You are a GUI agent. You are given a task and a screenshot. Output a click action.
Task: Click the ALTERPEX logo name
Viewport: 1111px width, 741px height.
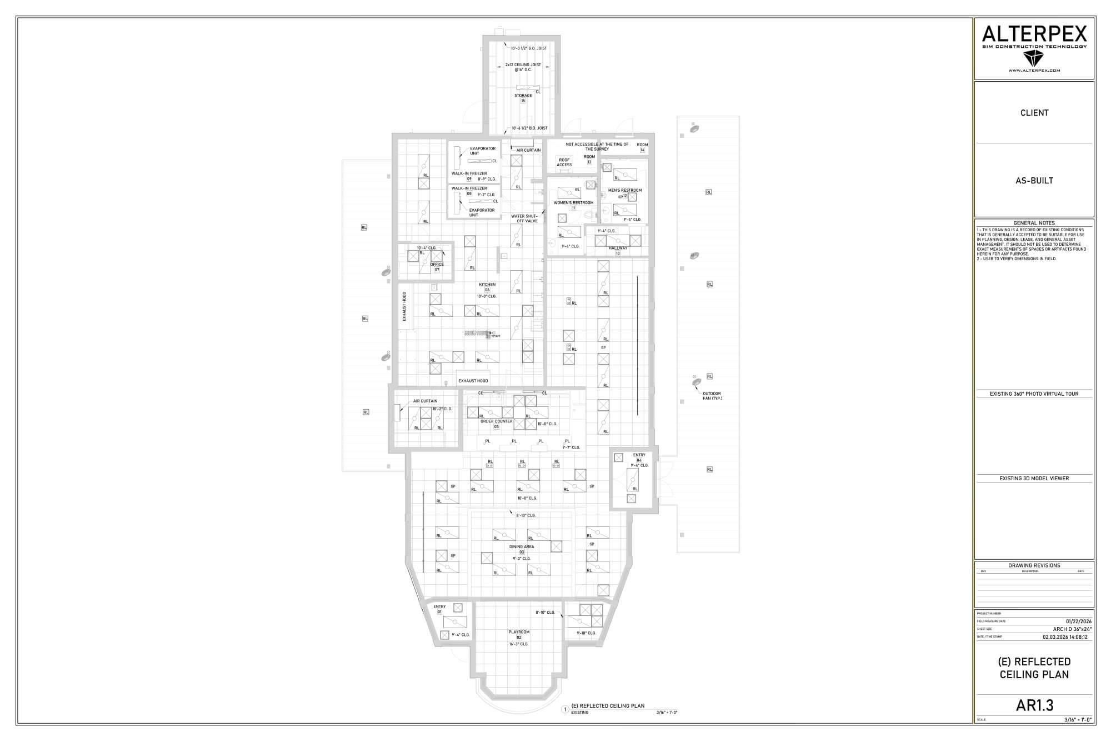1034,34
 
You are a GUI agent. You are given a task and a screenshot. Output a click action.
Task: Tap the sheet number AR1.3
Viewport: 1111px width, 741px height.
1034,705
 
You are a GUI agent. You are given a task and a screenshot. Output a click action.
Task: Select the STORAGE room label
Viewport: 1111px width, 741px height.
523,96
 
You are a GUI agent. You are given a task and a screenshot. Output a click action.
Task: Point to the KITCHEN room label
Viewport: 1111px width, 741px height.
487,285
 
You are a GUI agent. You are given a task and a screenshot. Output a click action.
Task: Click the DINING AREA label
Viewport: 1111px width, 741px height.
522,546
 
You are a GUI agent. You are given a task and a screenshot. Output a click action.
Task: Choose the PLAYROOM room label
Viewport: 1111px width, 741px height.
519,632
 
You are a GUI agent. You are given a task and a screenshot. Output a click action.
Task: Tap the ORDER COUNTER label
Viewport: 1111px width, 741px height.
496,421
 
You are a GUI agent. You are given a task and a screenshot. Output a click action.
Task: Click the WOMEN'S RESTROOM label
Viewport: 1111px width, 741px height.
573,203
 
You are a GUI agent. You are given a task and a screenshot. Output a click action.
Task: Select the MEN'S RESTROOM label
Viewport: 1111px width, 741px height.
625,190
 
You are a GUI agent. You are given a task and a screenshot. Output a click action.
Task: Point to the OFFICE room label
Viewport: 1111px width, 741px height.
437,265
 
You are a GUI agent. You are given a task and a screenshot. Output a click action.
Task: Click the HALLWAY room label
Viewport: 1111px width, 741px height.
618,248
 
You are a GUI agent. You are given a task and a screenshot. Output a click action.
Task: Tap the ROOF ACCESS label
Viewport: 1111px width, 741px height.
564,162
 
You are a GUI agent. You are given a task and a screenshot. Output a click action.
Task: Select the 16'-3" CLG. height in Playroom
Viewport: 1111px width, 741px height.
519,644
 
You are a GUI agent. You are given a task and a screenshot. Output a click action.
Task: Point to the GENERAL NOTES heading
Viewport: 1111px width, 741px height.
1034,223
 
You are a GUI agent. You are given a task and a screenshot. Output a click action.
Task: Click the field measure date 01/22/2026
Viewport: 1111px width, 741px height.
1078,621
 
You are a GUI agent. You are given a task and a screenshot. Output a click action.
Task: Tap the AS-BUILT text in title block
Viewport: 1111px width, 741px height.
1034,181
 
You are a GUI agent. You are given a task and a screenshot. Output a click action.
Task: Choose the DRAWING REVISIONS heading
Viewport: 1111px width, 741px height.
1034,565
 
